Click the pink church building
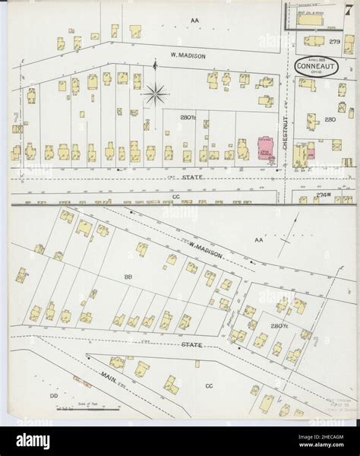click(x=266, y=147)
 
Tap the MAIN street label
click(x=115, y=377)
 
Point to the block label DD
click(x=54, y=396)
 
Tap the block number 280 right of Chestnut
click(x=330, y=119)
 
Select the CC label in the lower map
click(x=210, y=385)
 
